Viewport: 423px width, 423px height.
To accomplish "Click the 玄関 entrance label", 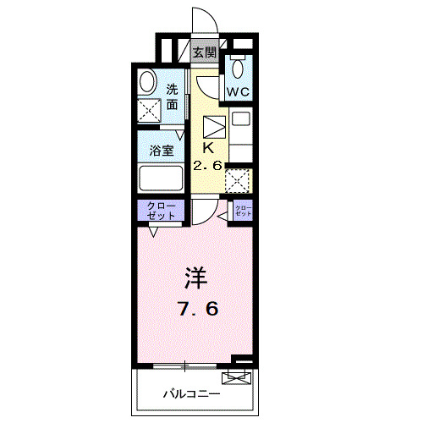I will [x=203, y=52].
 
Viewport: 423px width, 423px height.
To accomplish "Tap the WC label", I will [x=237, y=90].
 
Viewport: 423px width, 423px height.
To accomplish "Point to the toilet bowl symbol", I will [x=239, y=68].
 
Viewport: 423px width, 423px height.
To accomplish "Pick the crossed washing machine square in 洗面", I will [x=150, y=109].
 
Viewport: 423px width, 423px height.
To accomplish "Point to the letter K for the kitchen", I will [x=206, y=146].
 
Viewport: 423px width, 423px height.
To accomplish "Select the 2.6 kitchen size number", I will [x=207, y=166].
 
